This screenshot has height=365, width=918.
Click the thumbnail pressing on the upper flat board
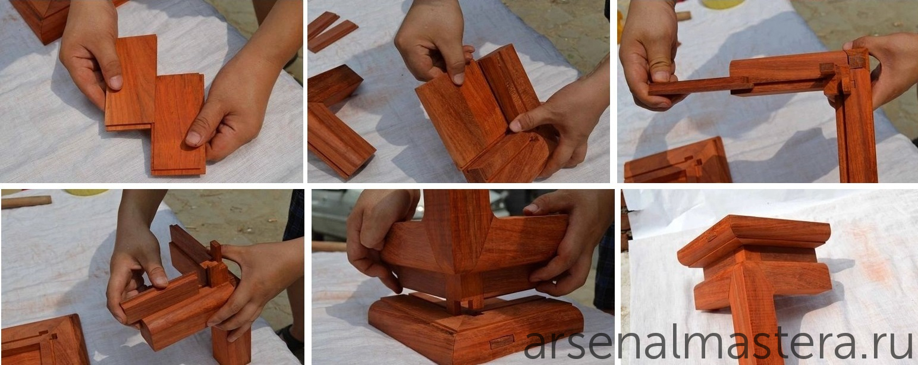tap(115, 82)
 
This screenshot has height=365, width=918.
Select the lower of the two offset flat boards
tap(178, 124)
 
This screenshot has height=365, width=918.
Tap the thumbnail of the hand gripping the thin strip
tap(660, 76)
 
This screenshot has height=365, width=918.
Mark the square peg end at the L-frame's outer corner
tap(857, 61)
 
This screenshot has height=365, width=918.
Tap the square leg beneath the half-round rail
tap(231, 344)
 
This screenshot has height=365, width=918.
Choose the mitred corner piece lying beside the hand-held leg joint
tap(45, 340)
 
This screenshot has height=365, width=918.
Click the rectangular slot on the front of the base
tap(502, 341)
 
